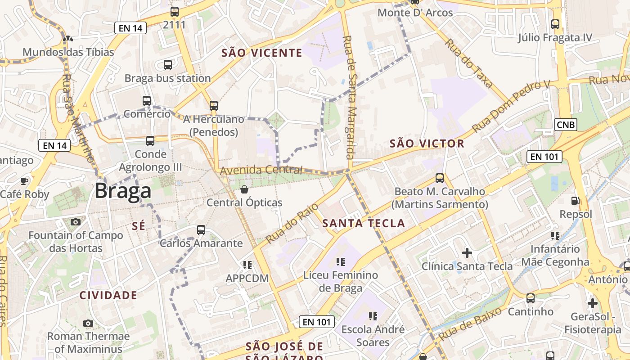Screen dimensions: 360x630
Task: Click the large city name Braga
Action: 123,191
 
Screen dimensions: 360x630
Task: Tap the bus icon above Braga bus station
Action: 168,65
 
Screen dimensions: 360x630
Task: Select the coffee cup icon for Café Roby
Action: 24,181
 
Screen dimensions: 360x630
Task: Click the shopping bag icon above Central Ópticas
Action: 244,189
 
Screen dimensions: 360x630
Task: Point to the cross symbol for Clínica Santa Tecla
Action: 467,253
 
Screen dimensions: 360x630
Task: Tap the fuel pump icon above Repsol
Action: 575,201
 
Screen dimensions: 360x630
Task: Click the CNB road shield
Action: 566,125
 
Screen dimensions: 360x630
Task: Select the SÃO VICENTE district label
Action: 262,53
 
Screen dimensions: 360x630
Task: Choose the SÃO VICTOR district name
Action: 427,144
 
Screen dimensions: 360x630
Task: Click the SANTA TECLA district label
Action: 364,223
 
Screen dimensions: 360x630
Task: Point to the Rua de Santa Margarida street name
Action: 349,98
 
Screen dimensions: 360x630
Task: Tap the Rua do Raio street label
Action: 292,223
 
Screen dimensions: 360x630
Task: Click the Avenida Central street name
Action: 261,170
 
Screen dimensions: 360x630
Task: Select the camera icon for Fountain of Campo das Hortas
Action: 76,222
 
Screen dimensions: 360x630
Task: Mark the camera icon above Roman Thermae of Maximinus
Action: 88,323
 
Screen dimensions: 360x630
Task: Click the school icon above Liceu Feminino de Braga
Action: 341,261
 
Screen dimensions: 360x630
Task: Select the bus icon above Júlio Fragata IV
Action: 555,24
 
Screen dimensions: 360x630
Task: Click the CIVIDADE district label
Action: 108,295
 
